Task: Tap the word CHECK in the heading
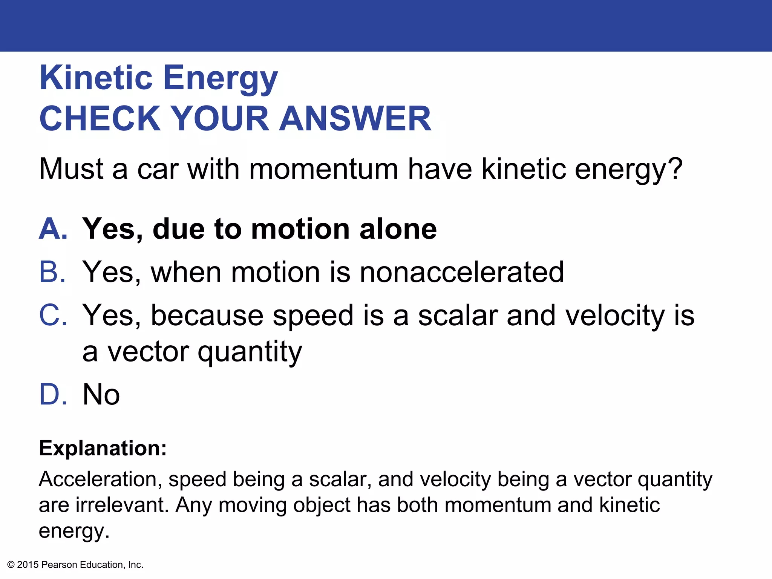click(x=100, y=119)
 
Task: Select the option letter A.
click(x=53, y=229)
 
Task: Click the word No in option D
click(x=101, y=394)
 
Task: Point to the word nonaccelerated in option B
click(x=461, y=272)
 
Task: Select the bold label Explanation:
click(x=103, y=448)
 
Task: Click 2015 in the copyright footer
click(x=28, y=565)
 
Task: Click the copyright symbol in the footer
click(x=11, y=565)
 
